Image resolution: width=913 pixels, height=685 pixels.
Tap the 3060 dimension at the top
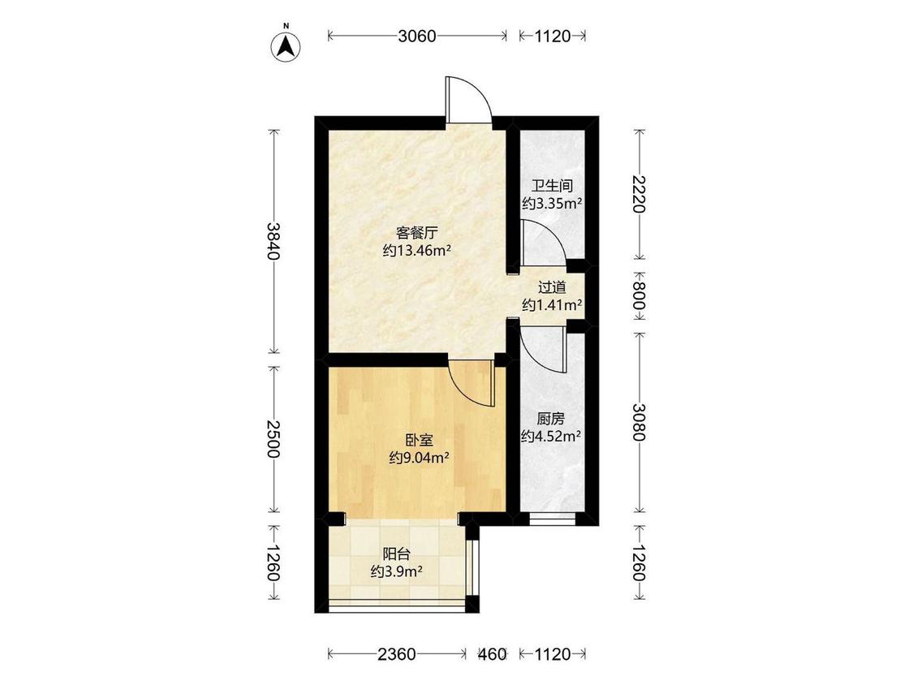[x=417, y=36]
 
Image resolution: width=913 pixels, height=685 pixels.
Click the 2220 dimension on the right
[x=640, y=195]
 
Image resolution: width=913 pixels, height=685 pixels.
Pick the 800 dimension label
[x=640, y=296]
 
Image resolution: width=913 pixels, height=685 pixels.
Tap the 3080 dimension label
[x=640, y=422]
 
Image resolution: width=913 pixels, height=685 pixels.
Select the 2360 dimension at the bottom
[x=397, y=654]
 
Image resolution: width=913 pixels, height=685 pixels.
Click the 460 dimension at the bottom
[x=493, y=654]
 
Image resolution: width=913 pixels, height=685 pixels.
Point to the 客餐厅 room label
[x=416, y=234]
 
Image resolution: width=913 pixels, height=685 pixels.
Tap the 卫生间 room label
[x=552, y=186]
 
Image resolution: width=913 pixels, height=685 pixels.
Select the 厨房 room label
[x=551, y=418]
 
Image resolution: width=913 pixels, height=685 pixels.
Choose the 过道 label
[x=552, y=287]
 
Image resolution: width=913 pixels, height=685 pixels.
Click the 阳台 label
[x=396, y=554]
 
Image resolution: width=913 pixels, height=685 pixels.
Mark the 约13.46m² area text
[x=417, y=251]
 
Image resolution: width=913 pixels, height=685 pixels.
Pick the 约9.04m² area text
[x=419, y=458]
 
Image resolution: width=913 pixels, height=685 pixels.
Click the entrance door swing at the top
[x=469, y=100]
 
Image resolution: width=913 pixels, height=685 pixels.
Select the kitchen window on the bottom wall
[x=553, y=519]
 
